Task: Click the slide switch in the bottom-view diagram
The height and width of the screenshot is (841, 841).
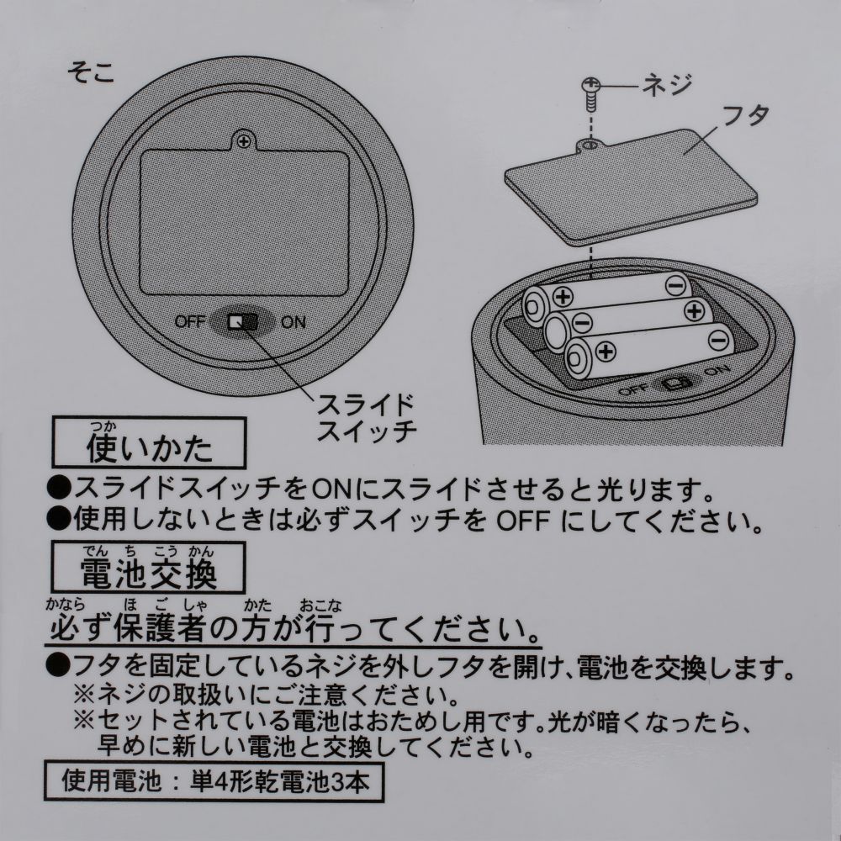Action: click(245, 321)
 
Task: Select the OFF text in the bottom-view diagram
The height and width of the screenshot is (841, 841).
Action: click(191, 321)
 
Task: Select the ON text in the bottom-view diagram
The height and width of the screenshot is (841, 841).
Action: click(294, 321)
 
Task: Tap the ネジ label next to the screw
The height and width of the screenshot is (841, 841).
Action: click(664, 85)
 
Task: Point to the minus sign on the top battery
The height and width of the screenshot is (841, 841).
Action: click(674, 286)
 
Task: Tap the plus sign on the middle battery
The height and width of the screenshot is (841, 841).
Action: click(694, 310)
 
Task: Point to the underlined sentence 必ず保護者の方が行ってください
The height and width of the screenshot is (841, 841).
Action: click(294, 628)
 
